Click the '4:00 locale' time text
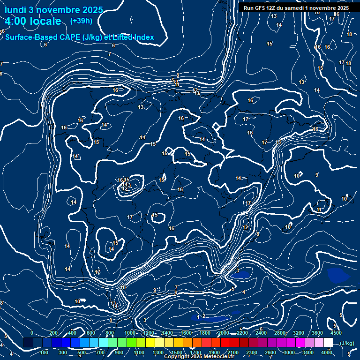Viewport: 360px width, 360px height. (x=33, y=21)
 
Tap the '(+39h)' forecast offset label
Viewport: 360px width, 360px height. (x=81, y=21)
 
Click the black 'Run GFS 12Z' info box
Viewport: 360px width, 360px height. (x=296, y=8)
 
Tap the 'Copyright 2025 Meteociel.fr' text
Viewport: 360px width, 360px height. (x=199, y=357)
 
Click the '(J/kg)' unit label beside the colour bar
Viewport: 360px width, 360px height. (x=347, y=344)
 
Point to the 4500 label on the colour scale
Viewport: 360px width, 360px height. (x=336, y=333)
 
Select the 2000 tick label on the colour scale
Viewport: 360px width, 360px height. (x=224, y=333)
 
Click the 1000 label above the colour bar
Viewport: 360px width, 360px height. (x=130, y=333)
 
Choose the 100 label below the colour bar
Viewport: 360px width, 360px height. (x=45, y=352)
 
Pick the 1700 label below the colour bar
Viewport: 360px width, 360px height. (x=195, y=352)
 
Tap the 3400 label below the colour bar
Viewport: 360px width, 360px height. (x=308, y=352)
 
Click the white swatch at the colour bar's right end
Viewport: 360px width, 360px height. (x=328, y=343)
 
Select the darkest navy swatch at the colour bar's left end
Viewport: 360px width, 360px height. (x=28, y=343)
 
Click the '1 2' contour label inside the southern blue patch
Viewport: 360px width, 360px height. (x=201, y=316)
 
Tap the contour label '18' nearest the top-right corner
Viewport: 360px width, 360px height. (x=349, y=34)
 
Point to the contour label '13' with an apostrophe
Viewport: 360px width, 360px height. (x=274, y=16)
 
